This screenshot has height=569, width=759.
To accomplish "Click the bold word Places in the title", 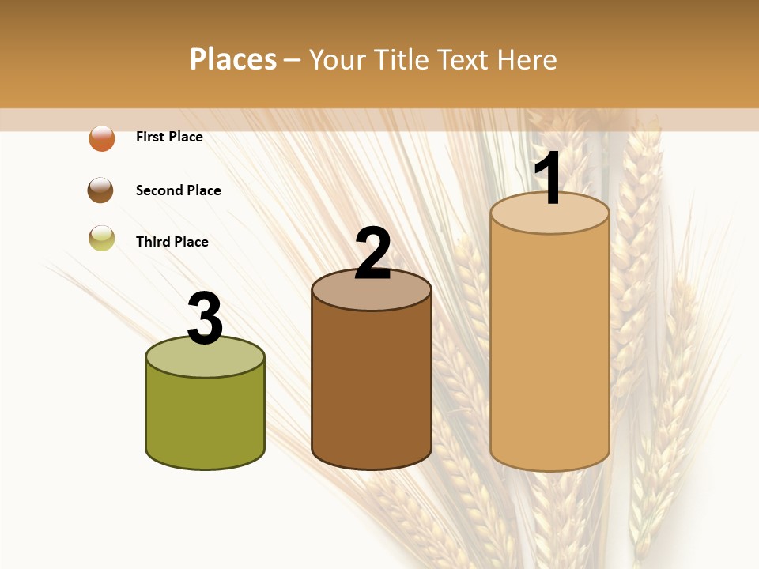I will click(233, 59).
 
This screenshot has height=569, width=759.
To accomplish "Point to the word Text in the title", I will click(462, 59).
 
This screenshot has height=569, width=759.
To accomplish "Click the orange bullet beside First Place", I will click(102, 138).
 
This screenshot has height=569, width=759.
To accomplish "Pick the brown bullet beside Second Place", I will click(100, 190).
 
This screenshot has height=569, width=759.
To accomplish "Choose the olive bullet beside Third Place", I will click(102, 239).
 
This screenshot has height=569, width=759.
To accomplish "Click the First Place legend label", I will click(169, 137).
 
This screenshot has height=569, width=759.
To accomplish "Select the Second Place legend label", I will click(178, 190).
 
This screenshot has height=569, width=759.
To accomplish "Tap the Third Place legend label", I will click(172, 242).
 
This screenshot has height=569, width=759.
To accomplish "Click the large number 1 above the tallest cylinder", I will click(549, 179).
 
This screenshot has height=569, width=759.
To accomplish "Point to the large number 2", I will click(372, 254).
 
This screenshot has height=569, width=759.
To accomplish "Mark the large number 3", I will click(206, 318).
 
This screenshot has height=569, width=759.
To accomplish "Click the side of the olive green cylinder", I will click(206, 419).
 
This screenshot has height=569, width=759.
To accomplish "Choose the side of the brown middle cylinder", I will click(372, 387).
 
